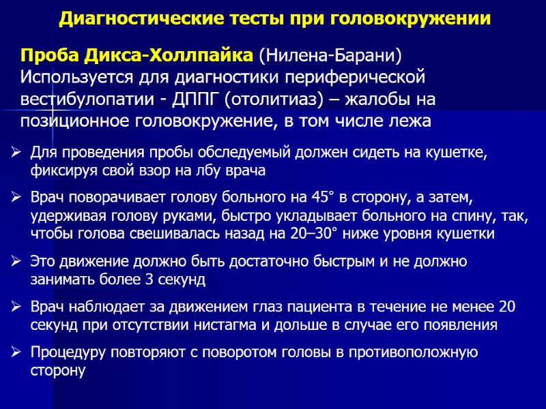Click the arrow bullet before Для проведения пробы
[17, 152]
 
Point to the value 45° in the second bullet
[316, 198]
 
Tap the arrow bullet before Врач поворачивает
[17, 198]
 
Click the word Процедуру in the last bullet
[63, 352]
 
